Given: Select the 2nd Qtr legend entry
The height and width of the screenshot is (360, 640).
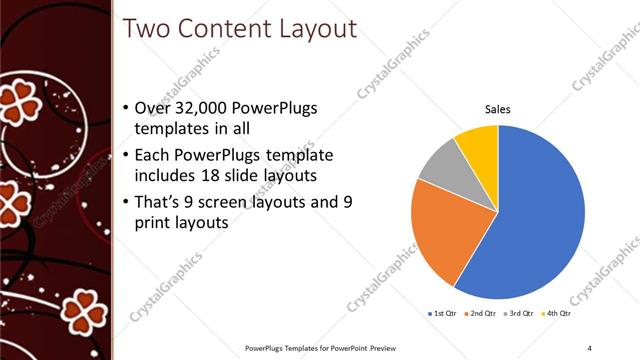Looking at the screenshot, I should (x=483, y=314).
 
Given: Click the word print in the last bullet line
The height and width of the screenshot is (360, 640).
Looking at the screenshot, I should (x=153, y=223).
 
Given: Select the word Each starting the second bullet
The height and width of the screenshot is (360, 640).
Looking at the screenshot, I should (x=152, y=155).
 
